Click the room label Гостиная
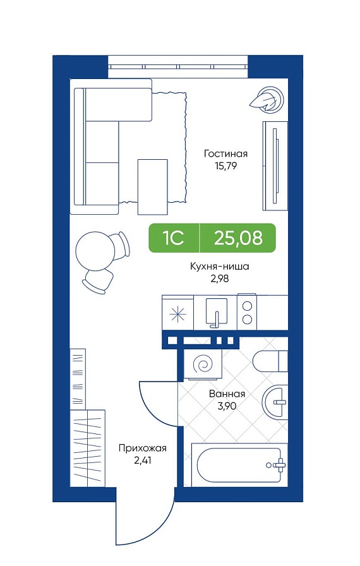226,154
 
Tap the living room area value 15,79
225,166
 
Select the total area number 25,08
238,238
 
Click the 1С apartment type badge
174,238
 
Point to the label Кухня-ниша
220,267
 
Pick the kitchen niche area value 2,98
220,279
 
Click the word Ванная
227,394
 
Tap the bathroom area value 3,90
227,406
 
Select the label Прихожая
143,449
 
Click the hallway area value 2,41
142,461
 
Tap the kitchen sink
217,312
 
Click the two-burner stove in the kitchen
247,312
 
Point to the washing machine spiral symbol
201,364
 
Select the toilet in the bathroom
270,361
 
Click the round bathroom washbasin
275,401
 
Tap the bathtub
239,464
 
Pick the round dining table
95,251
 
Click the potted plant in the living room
267,100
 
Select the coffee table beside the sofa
153,186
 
